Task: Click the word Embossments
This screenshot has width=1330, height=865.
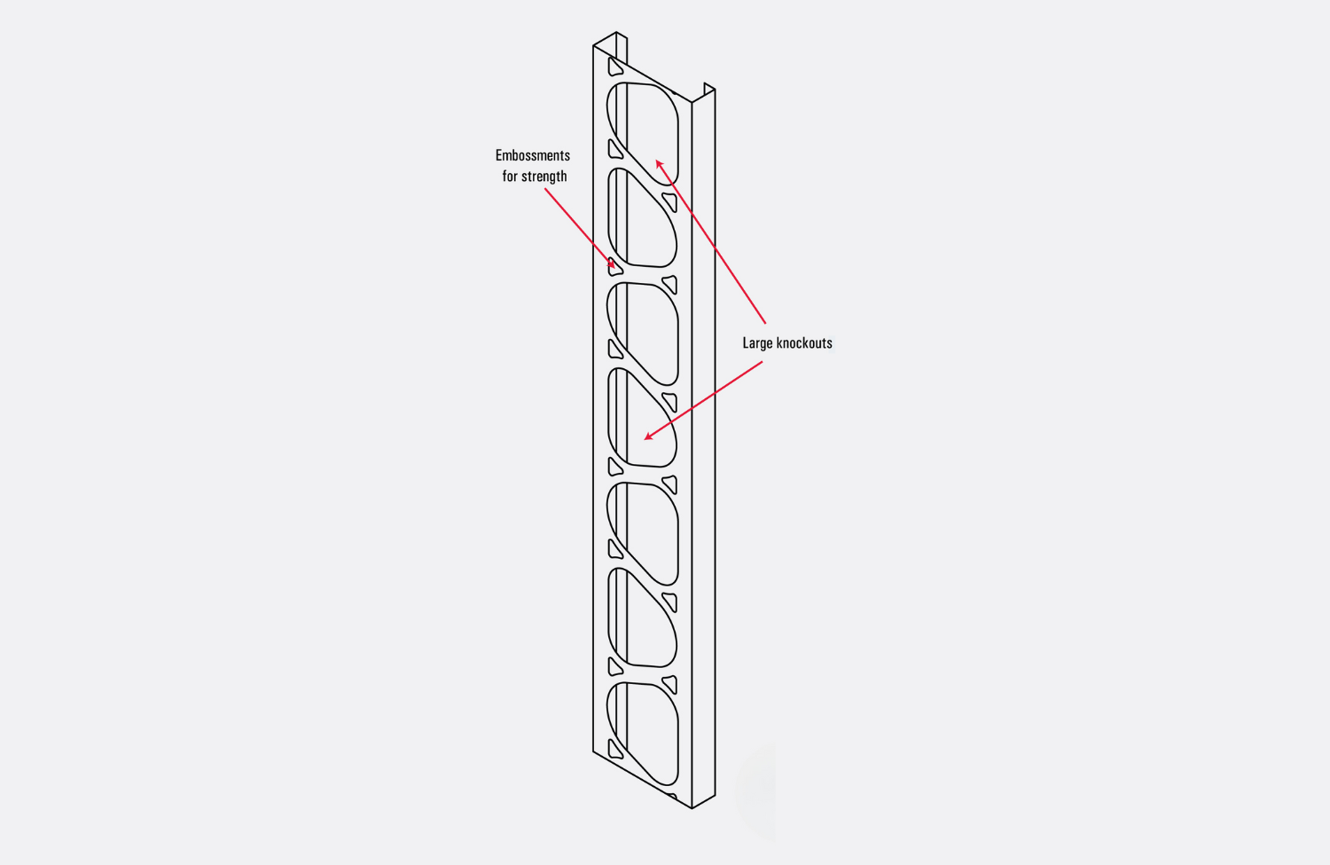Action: coord(533,155)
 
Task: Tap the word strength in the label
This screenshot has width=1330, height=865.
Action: coord(544,177)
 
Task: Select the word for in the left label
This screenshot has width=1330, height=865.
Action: coord(510,176)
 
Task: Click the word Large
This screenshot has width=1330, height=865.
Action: coord(757,343)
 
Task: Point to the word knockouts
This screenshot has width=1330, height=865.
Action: coord(804,342)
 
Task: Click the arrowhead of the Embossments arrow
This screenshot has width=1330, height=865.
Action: coord(612,263)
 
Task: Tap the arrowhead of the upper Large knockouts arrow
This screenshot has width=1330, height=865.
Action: coord(659,163)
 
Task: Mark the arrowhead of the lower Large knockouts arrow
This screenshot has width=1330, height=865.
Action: coord(648,436)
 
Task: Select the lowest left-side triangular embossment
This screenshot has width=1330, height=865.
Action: coord(614,751)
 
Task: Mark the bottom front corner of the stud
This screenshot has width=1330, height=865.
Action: coord(692,808)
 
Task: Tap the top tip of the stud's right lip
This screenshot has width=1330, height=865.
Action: coord(705,83)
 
